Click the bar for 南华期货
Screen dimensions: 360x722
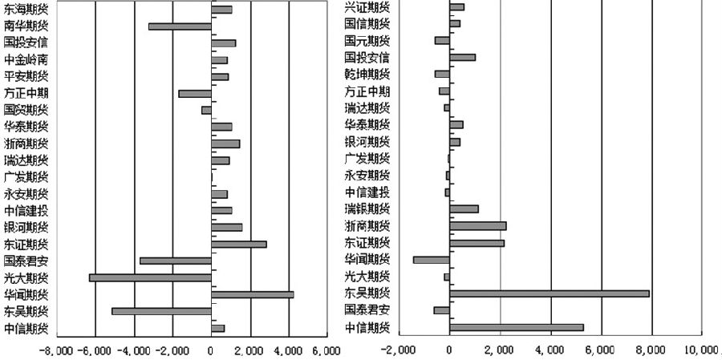tap(180, 26)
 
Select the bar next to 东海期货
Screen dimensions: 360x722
tap(221, 10)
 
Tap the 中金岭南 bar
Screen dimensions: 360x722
tap(219, 60)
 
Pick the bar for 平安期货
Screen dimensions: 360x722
tap(220, 77)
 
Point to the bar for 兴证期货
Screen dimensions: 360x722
tap(456, 7)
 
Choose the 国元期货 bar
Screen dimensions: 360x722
tap(442, 40)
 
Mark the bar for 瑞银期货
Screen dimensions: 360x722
tap(464, 208)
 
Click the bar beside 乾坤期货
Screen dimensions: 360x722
tap(442, 74)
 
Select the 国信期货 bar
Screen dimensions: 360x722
tap(455, 23)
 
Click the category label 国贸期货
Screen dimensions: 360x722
tap(26, 110)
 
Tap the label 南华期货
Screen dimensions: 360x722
tap(26, 26)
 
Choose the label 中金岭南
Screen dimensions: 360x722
tap(26, 60)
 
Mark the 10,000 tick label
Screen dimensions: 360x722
tap(702, 350)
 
